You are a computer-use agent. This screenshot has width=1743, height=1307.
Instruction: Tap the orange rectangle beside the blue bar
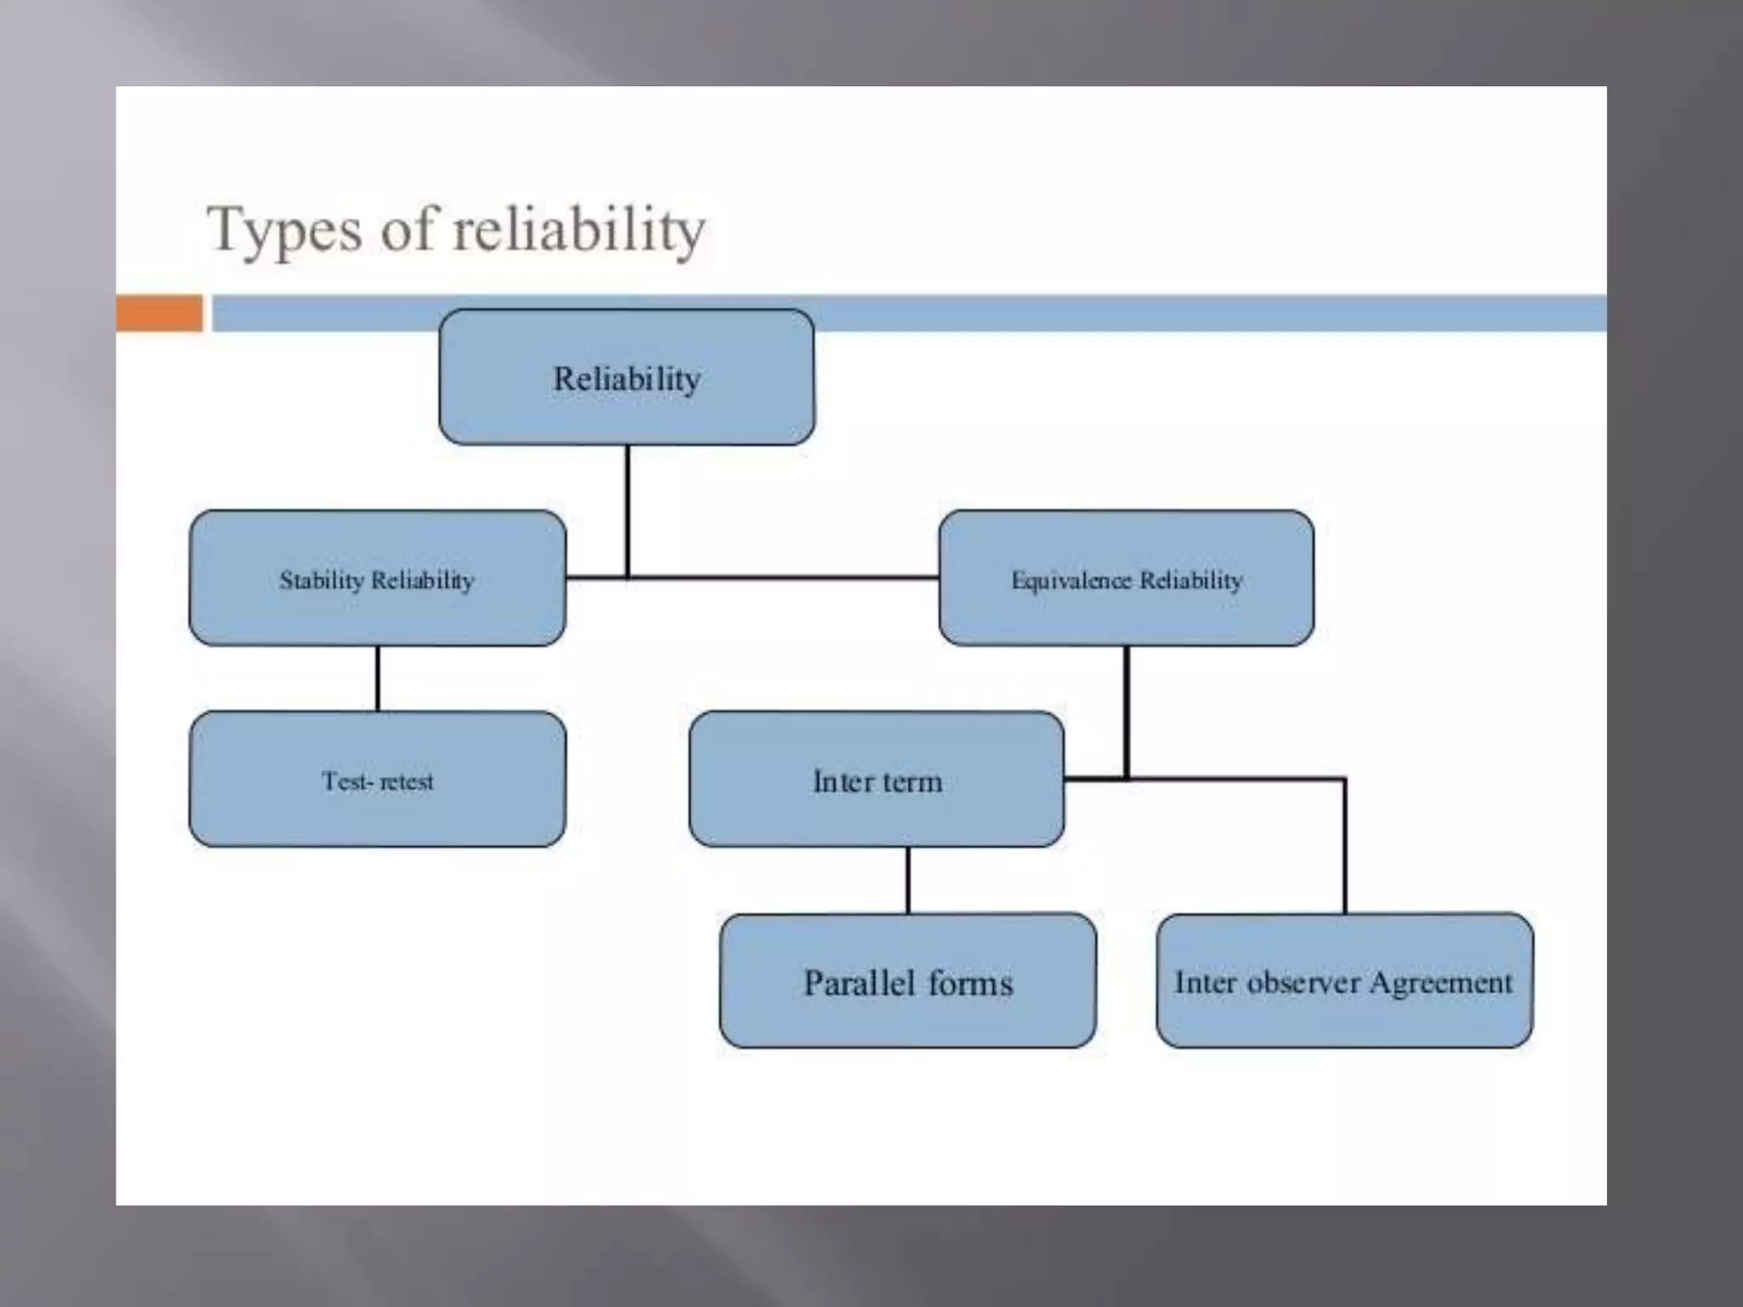(159, 313)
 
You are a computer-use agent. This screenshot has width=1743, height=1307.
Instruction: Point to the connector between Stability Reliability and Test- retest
(377, 678)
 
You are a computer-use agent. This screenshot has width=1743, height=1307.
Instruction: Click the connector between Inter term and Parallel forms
(907, 880)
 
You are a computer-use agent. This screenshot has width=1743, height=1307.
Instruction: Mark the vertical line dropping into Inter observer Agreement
(1345, 851)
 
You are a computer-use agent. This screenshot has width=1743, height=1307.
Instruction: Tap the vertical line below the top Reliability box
(627, 511)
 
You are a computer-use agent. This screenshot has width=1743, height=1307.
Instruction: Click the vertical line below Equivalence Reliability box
(1127, 711)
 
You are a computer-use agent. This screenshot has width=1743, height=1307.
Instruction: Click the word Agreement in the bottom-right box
(1440, 983)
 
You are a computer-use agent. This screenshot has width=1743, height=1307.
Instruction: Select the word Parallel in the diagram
(858, 983)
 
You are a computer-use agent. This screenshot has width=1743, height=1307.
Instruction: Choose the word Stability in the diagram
(321, 580)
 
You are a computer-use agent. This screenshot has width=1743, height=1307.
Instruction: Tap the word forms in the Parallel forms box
(970, 983)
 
